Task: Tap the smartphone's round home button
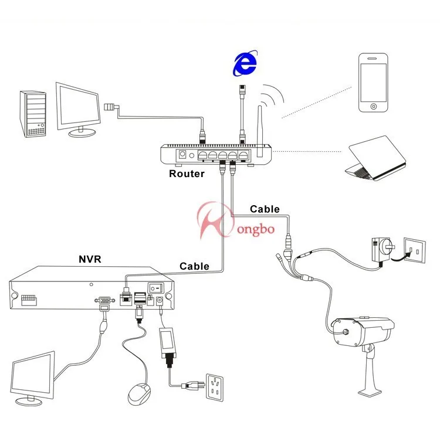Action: pyautogui.click(x=373, y=107)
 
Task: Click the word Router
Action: pyautogui.click(x=187, y=174)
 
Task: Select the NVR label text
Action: pyautogui.click(x=91, y=258)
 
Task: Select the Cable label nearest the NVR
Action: pyautogui.click(x=194, y=266)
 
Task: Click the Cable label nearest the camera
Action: pyautogui.click(x=265, y=209)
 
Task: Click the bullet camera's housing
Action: pyautogui.click(x=364, y=331)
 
